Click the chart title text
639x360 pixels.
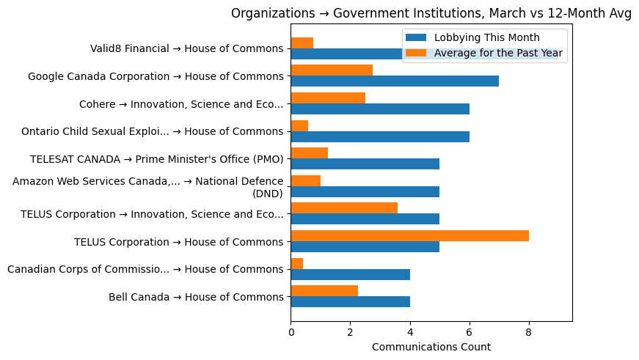click(x=431, y=13)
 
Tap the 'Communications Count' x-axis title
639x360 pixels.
click(x=431, y=346)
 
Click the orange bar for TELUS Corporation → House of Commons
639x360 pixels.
click(x=409, y=235)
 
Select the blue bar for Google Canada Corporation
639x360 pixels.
click(x=395, y=81)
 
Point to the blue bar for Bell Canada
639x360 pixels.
click(x=350, y=301)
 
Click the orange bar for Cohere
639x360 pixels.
click(x=328, y=98)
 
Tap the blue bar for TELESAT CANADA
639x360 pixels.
click(x=365, y=164)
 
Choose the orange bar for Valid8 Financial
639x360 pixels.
click(x=302, y=43)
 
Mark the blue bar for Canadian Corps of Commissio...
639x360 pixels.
click(x=350, y=274)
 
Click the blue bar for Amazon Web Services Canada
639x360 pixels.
click(x=365, y=191)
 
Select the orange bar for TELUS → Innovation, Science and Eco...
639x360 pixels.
click(x=344, y=207)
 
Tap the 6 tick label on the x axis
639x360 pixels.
click(x=470, y=332)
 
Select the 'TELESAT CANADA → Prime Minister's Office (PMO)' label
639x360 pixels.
click(x=156, y=159)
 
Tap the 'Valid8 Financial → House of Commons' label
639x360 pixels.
click(x=186, y=48)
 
